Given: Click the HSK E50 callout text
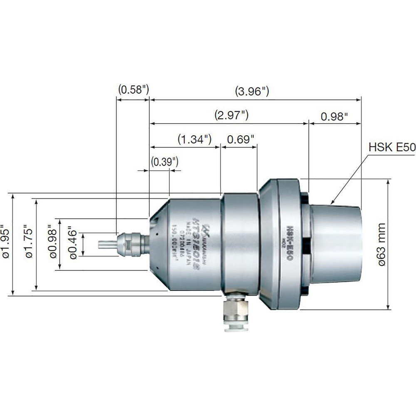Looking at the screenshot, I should click(x=391, y=147).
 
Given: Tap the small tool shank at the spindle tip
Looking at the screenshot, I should click(x=106, y=244).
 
